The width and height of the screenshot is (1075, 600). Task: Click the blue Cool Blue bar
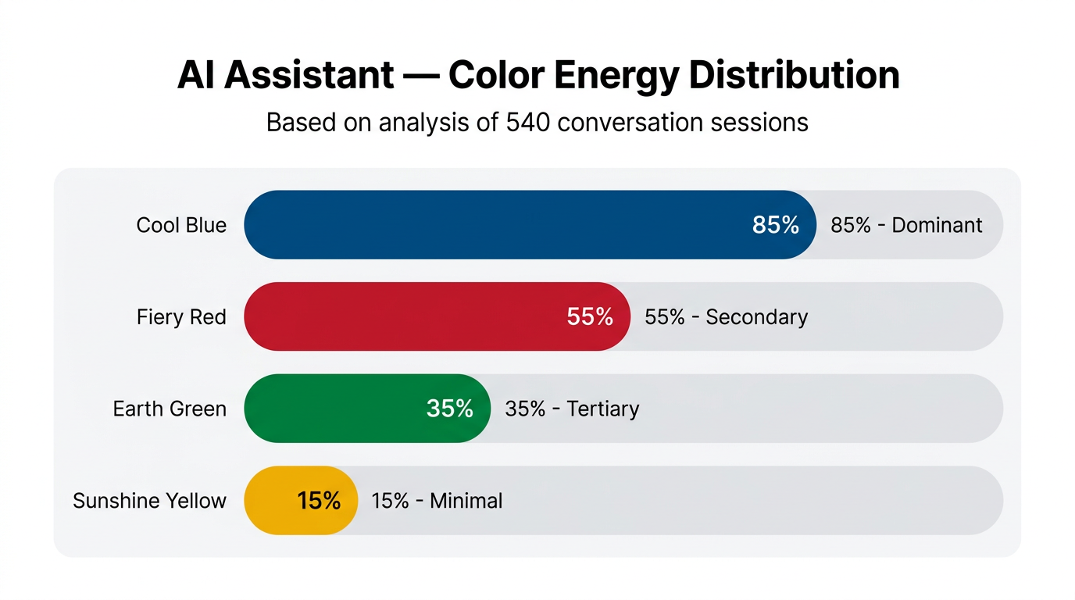(x=492, y=225)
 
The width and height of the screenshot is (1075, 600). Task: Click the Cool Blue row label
(x=181, y=225)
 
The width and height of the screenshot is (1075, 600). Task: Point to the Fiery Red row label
(x=181, y=317)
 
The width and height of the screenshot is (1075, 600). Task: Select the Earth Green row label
(x=170, y=409)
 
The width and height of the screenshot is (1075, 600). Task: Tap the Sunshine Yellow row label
(x=149, y=501)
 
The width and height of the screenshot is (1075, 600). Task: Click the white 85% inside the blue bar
(x=776, y=225)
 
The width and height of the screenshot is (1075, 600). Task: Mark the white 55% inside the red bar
(x=590, y=316)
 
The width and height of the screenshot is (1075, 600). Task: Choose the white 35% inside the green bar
(x=450, y=409)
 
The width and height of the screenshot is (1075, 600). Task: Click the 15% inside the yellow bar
(x=319, y=501)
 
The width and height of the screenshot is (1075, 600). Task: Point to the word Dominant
(x=937, y=225)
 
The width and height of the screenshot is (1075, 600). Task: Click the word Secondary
(x=756, y=317)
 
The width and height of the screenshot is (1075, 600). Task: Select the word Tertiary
(x=603, y=409)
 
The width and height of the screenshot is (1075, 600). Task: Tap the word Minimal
(x=466, y=501)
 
